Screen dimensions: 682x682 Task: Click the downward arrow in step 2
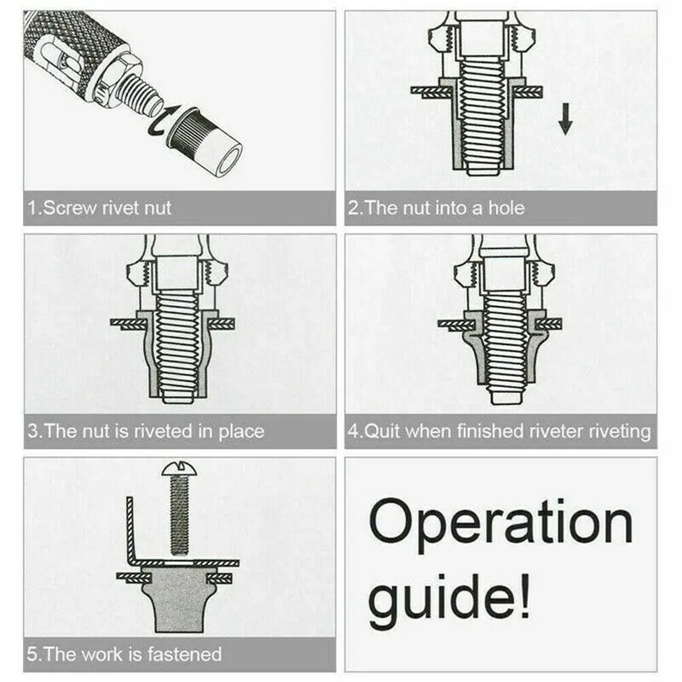(564, 120)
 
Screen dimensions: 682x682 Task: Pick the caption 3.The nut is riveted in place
(145, 431)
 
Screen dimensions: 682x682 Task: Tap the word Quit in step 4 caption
(383, 431)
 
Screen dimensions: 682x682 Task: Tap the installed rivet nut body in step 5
(179, 601)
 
